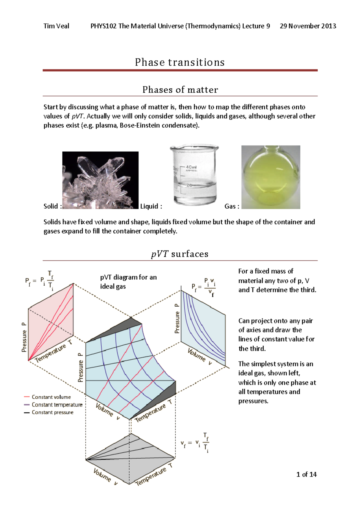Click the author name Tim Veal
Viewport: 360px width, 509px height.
56,26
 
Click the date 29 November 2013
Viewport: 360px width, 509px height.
308,26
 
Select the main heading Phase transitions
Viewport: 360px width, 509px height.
180,62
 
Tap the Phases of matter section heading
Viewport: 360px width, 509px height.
180,90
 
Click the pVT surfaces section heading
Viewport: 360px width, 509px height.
180,254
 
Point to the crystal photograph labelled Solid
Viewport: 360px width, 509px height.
100,180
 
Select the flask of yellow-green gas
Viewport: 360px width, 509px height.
271,177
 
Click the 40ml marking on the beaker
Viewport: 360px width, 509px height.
191,167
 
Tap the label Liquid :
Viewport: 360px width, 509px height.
151,206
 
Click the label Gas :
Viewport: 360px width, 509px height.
232,206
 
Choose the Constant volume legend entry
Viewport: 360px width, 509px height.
51,397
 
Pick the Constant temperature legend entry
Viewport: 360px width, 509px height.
57,405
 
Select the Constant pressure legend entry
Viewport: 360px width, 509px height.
52,412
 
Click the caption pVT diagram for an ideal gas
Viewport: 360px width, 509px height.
128,281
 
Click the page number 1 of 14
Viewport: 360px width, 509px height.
306,474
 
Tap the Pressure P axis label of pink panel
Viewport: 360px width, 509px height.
24,337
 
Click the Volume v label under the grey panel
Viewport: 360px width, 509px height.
105,477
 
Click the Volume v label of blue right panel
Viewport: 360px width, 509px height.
199,356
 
